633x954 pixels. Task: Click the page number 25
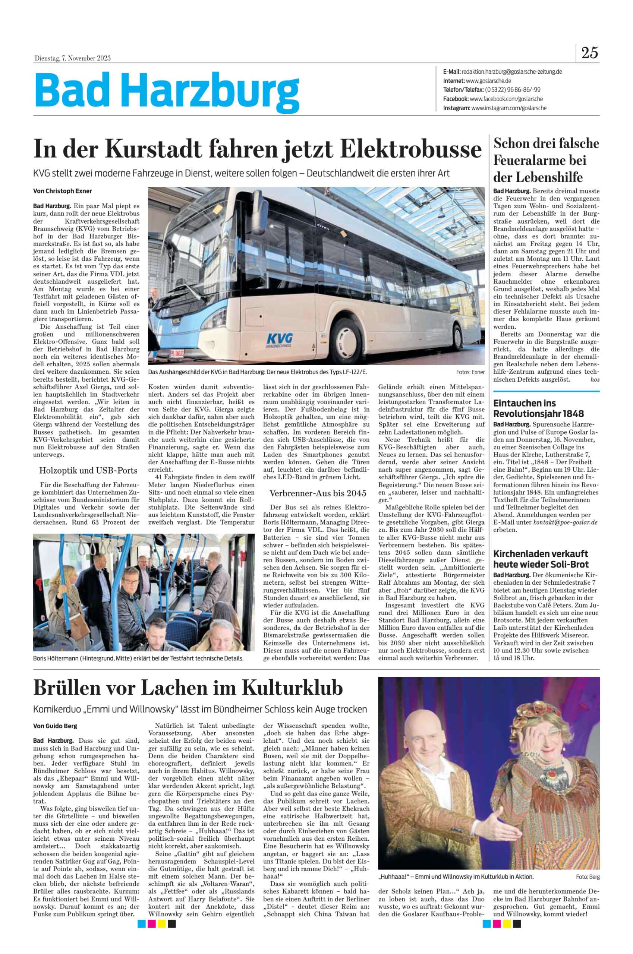[x=589, y=53]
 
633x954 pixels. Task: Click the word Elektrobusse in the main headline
[x=411, y=149]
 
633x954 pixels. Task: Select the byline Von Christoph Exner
[x=63, y=191]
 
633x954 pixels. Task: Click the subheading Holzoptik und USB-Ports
[x=88, y=471]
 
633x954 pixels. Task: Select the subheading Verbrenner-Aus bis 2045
[x=318, y=493]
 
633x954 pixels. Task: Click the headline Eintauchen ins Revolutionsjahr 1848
[x=538, y=408]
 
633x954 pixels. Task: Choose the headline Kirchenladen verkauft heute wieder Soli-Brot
[x=541, y=559]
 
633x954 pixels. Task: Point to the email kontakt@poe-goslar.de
[x=565, y=522]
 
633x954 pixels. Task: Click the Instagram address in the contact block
[x=508, y=108]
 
